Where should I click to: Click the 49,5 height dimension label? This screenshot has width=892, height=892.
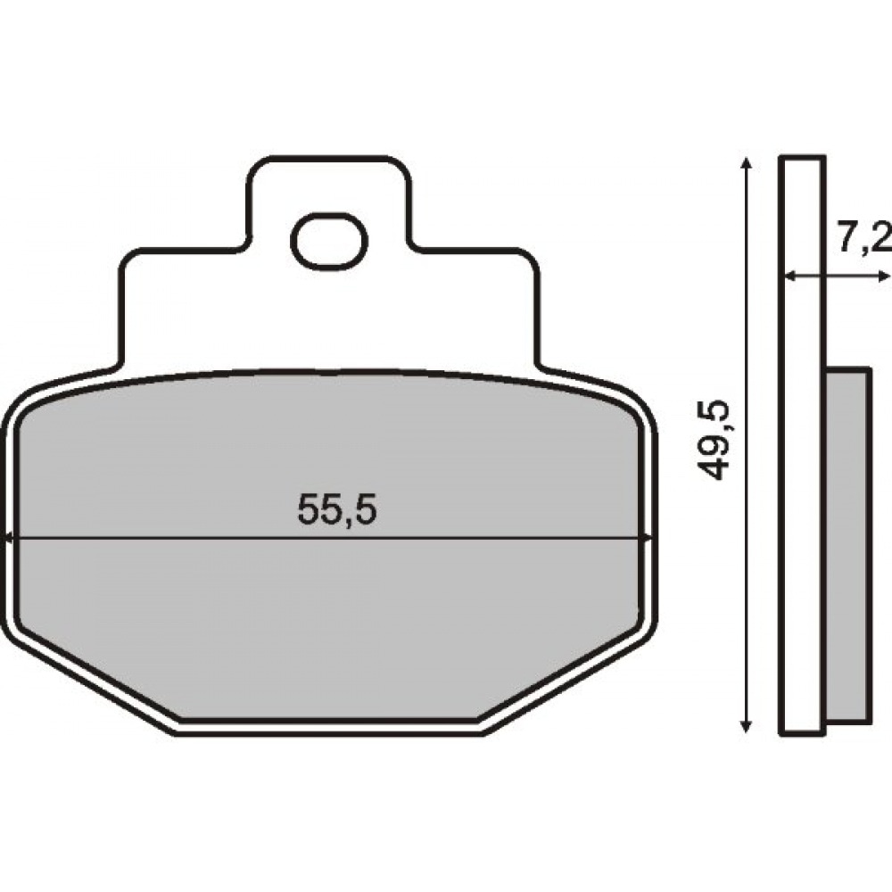click(x=712, y=439)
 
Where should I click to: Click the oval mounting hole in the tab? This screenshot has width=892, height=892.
click(x=329, y=241)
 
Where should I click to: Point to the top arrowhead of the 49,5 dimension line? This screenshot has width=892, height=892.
click(x=747, y=163)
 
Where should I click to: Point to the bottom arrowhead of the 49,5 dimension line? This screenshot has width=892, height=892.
click(x=747, y=726)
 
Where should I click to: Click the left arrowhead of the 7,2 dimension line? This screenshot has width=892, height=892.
click(x=789, y=277)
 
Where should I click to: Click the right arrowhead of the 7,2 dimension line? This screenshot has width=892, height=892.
click(x=885, y=277)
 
